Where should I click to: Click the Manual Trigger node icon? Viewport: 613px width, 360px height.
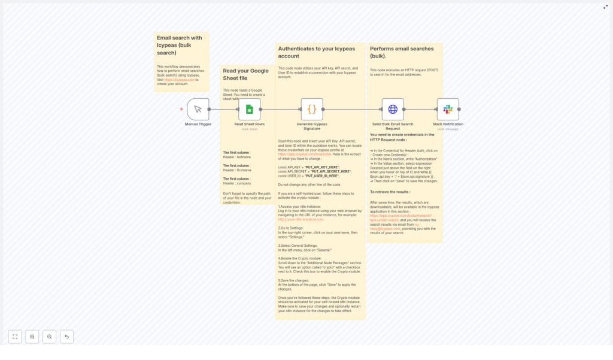point(198,109)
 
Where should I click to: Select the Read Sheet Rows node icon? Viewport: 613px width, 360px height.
point(250,109)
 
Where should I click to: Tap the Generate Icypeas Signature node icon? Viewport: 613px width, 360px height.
point(312,109)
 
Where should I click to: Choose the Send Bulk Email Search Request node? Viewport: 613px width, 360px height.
point(393,109)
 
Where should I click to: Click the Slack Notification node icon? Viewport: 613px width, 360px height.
point(448,109)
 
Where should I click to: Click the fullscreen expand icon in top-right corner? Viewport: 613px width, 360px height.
point(605,7)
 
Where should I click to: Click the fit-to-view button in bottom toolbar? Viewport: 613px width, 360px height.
point(15,337)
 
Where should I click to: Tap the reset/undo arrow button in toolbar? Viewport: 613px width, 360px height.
point(66,337)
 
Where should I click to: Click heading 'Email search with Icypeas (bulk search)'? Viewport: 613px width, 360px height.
point(180,45)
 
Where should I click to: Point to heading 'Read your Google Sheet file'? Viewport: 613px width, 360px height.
point(245,74)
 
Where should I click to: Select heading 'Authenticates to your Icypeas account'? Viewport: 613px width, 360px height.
point(316,52)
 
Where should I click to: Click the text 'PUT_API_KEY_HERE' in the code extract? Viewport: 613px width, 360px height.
point(322,167)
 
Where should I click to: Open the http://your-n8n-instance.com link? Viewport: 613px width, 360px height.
point(301,219)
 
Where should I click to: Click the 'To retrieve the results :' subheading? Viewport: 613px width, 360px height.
point(390,192)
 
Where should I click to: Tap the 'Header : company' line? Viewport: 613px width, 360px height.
point(237,183)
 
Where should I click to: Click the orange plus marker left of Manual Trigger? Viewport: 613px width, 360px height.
point(181,109)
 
